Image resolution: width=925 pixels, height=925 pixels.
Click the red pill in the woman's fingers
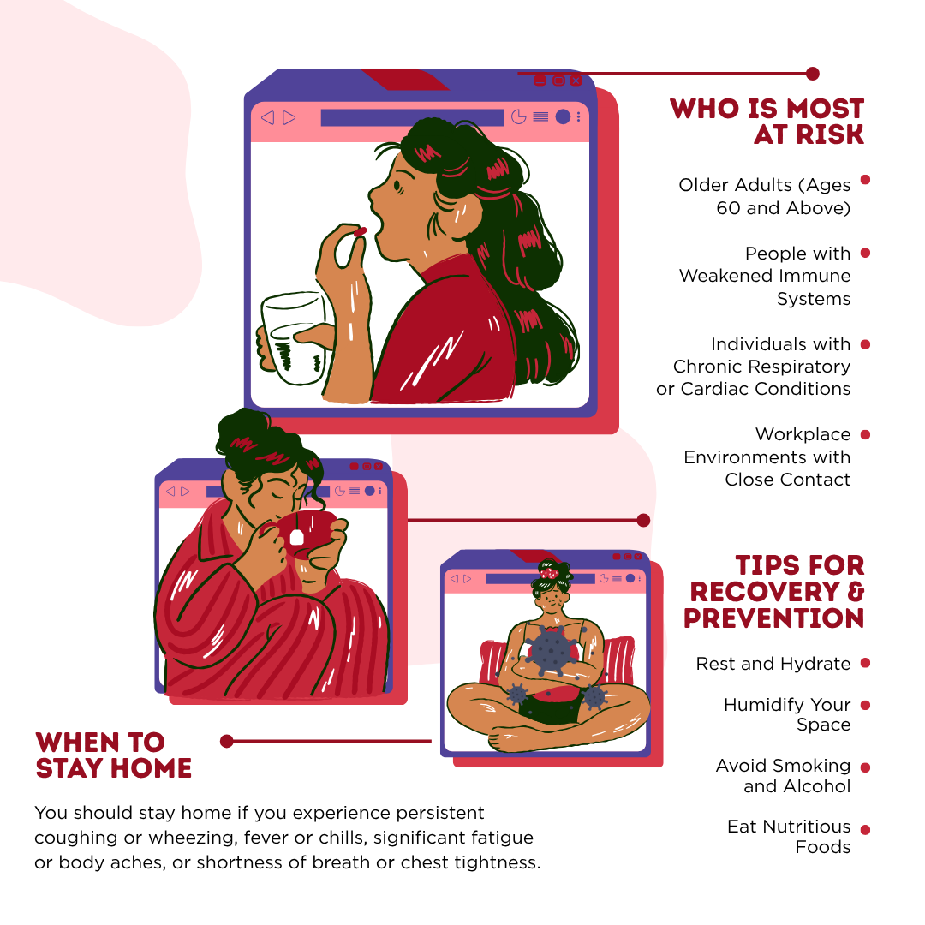tap(360, 232)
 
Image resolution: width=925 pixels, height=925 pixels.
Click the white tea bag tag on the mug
tap(296, 537)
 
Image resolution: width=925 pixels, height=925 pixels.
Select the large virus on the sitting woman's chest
tap(550, 650)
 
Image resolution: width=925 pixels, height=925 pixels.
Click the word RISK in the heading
tap(829, 134)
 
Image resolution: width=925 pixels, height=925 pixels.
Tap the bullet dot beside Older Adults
tap(865, 180)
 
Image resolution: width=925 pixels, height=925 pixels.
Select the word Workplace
tap(803, 435)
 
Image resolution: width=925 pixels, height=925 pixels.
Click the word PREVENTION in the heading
tap(774, 618)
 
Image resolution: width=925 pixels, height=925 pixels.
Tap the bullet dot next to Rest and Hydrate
tap(865, 663)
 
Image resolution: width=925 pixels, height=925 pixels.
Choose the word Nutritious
tap(809, 827)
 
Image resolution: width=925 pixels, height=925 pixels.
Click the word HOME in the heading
tap(151, 768)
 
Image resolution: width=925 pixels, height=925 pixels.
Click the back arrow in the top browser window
tap(267, 117)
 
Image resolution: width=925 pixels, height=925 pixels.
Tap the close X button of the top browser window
tap(576, 81)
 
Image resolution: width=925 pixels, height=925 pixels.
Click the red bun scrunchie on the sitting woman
tap(549, 571)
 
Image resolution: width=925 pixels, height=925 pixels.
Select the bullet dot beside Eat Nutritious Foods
tap(865, 829)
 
